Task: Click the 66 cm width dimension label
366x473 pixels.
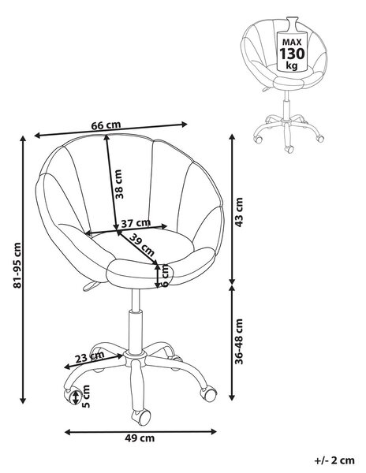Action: click(106, 125)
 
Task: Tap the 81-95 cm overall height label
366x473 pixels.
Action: click(17, 265)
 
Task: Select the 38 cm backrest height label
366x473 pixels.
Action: click(119, 184)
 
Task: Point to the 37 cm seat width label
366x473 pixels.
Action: click(136, 223)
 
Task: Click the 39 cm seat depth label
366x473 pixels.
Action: click(142, 244)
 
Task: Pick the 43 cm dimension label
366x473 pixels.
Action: click(239, 212)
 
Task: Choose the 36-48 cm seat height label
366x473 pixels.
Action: click(239, 341)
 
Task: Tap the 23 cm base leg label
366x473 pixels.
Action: click(90, 357)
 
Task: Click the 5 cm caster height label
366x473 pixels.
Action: click(86, 397)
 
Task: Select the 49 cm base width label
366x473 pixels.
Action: click(140, 438)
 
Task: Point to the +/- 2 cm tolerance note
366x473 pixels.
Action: click(334, 460)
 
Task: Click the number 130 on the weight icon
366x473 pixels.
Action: click(292, 54)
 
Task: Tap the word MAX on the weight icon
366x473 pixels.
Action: click(292, 42)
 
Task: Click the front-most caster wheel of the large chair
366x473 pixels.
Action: click(141, 417)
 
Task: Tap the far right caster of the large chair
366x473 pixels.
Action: click(209, 393)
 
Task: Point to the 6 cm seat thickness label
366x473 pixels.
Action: click(166, 276)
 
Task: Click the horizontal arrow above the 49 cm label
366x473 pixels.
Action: click(140, 432)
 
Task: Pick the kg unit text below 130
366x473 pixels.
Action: click(292, 65)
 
